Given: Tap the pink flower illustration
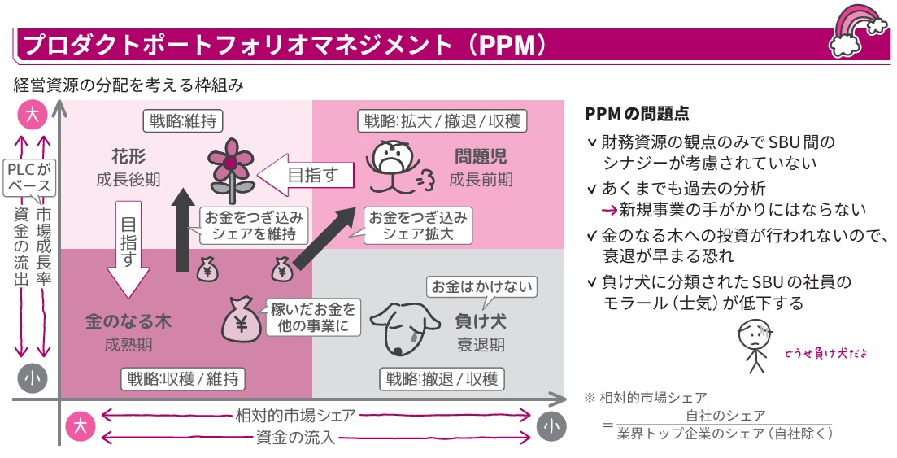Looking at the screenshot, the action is point(230,170).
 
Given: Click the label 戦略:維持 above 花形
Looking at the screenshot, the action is point(182,120).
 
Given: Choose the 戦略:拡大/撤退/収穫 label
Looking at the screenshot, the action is point(442,120).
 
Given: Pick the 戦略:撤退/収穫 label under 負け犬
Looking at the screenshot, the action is point(442,379).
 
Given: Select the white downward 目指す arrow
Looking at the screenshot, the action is point(128,249).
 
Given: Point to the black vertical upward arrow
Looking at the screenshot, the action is point(182,229).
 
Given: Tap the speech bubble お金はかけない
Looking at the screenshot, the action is point(481,286).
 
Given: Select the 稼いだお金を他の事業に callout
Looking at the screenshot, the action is point(312,318).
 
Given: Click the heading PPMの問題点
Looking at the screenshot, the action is point(637,113).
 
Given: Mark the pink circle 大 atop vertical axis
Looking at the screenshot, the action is point(32,114).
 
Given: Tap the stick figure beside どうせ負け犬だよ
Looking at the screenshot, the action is point(755,346).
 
